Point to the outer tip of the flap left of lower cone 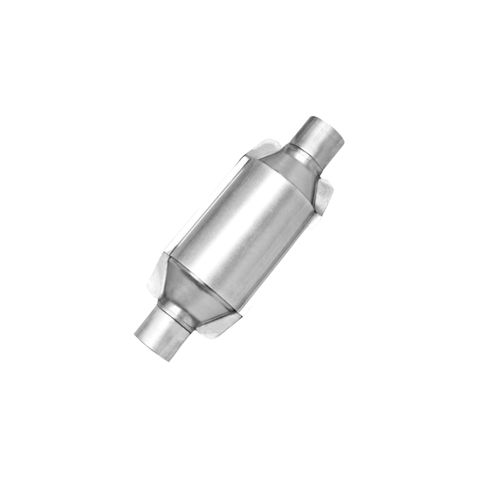149,285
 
